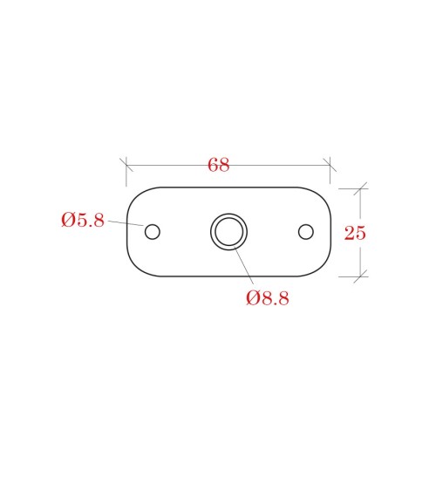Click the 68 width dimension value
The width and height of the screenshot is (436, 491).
coord(219,165)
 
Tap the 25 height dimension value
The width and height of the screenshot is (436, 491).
coord(355,233)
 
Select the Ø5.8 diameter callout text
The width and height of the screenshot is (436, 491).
coord(83,220)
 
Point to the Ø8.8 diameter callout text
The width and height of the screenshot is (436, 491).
coord(268,297)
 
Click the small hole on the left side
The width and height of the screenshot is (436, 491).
coord(153,232)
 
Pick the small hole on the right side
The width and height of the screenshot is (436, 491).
coord(306,232)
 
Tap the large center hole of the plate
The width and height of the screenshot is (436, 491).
coord(228,232)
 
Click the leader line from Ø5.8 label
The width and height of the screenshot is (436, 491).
coord(126,223)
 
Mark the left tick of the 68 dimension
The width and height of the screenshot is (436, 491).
coord(126,165)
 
